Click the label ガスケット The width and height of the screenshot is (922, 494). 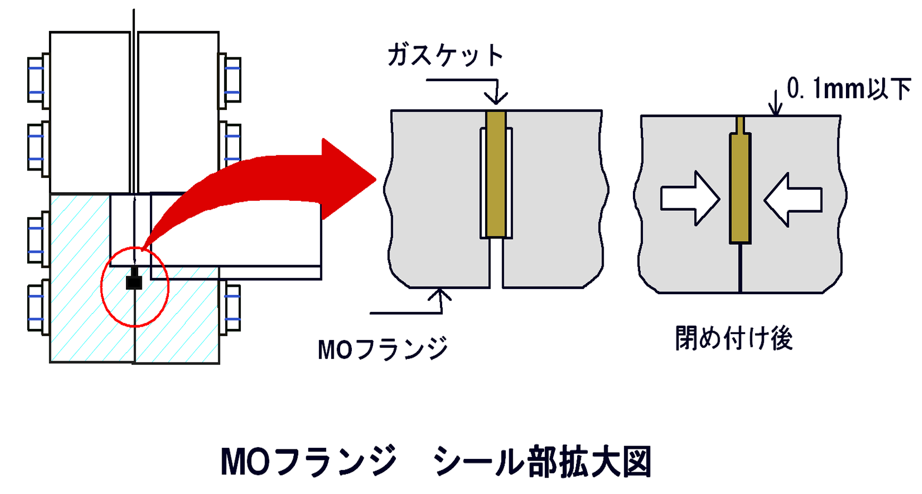pos(445,55)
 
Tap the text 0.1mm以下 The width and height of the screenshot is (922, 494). pos(849,88)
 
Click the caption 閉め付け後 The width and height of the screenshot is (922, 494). pos(734,338)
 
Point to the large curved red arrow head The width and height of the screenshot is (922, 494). pos(348,179)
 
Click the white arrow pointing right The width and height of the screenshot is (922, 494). pos(690,199)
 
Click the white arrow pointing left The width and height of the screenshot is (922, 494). pos(793,200)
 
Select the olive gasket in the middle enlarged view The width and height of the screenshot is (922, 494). pos(496,174)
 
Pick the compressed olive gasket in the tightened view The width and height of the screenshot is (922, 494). pos(740,188)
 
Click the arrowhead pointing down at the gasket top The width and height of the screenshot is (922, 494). pos(496,98)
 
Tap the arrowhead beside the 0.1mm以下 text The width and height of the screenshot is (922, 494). pos(776,109)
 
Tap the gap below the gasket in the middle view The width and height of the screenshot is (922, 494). pos(496,263)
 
